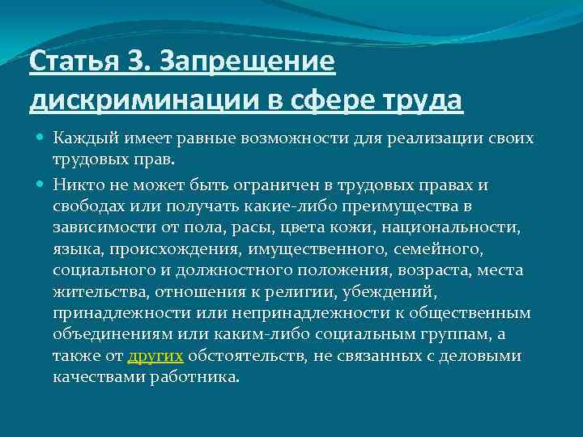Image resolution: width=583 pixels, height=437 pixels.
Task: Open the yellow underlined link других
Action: [x=155, y=354]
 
